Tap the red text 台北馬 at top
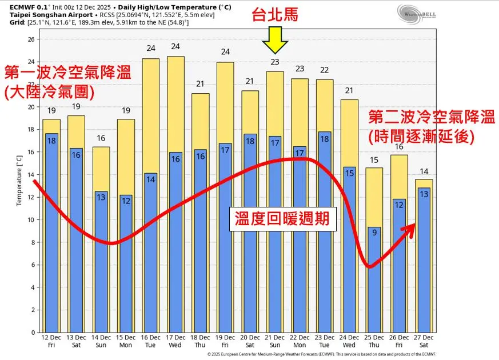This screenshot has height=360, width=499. [275, 15]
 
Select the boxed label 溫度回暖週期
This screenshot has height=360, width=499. [282, 219]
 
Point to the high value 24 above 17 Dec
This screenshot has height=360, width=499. [175, 46]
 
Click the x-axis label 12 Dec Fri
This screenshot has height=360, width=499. [51, 342]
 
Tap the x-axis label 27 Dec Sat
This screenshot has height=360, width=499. [424, 342]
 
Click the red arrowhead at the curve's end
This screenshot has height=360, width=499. [410, 228]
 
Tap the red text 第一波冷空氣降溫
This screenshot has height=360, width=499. [67, 73]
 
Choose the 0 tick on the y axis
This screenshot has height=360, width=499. [33, 332]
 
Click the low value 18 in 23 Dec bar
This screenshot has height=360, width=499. [324, 138]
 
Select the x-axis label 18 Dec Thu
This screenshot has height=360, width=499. [200, 342]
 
